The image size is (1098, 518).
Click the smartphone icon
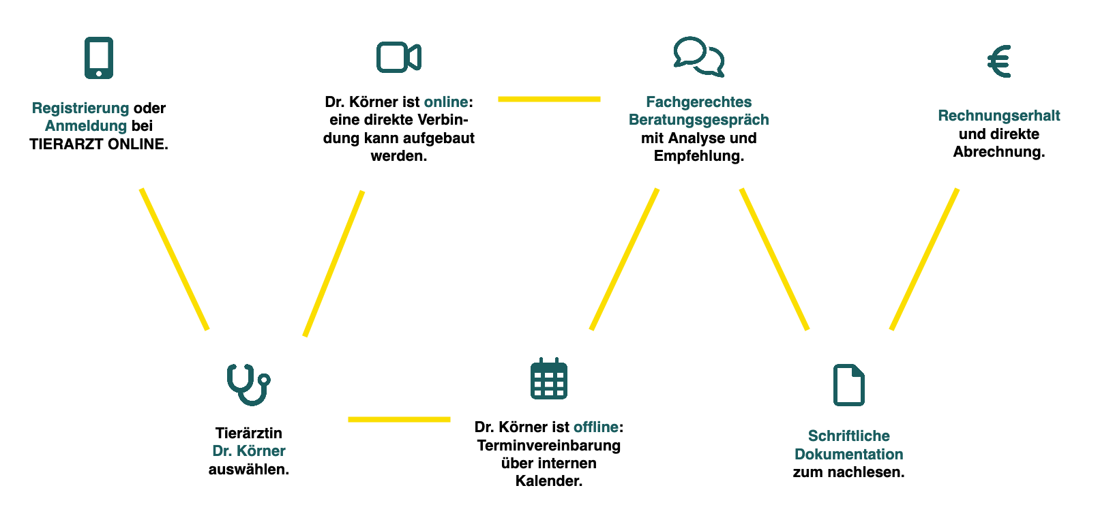pyautogui.click(x=99, y=58)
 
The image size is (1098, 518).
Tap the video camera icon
pyautogui.click(x=398, y=57)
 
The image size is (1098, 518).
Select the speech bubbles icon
pyautogui.click(x=698, y=57)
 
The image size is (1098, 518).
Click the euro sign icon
pyautogui.click(x=999, y=61)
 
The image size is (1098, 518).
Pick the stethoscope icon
pyautogui.click(x=248, y=384)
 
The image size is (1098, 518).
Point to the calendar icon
pyautogui.click(x=549, y=378)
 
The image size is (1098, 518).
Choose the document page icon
pyautogui.click(x=849, y=385)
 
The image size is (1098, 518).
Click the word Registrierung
pyautogui.click(x=80, y=108)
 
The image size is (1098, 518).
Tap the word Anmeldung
pyautogui.click(x=86, y=126)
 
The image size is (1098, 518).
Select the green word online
pyautogui.click(x=446, y=102)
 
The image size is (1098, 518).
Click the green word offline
pyautogui.click(x=596, y=427)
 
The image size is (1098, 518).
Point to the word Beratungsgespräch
pyautogui.click(x=698, y=120)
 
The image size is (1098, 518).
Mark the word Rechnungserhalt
pyautogui.click(x=999, y=116)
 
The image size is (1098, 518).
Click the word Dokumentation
pyautogui.click(x=848, y=455)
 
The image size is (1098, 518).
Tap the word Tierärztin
pyautogui.click(x=248, y=433)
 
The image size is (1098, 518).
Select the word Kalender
pyautogui.click(x=548, y=481)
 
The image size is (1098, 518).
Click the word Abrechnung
pyautogui.click(x=998, y=152)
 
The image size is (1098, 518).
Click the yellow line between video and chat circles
pyautogui.click(x=549, y=100)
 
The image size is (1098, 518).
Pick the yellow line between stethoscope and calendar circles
pyautogui.click(x=399, y=419)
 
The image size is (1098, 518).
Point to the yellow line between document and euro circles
pyautogui.click(x=924, y=259)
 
